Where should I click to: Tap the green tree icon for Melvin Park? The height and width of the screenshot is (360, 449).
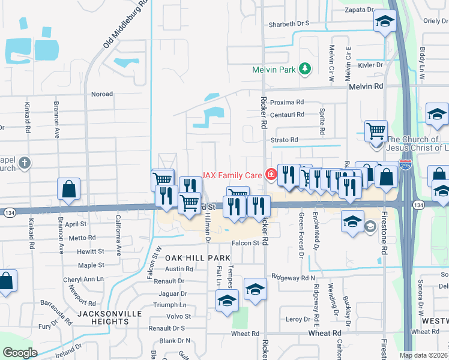click(305, 68)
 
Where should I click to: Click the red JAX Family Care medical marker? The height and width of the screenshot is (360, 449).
click(271, 175)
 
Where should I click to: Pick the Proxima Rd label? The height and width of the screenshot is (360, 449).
click(287, 102)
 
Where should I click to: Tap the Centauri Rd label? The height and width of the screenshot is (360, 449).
click(288, 114)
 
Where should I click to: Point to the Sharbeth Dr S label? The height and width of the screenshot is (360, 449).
click(289, 23)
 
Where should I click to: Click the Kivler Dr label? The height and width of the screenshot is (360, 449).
click(370, 65)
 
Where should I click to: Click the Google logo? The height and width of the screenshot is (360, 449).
click(20, 353)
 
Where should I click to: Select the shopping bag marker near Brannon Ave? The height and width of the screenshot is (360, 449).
click(69, 188)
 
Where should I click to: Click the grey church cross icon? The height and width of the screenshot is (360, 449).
click(24, 163)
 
